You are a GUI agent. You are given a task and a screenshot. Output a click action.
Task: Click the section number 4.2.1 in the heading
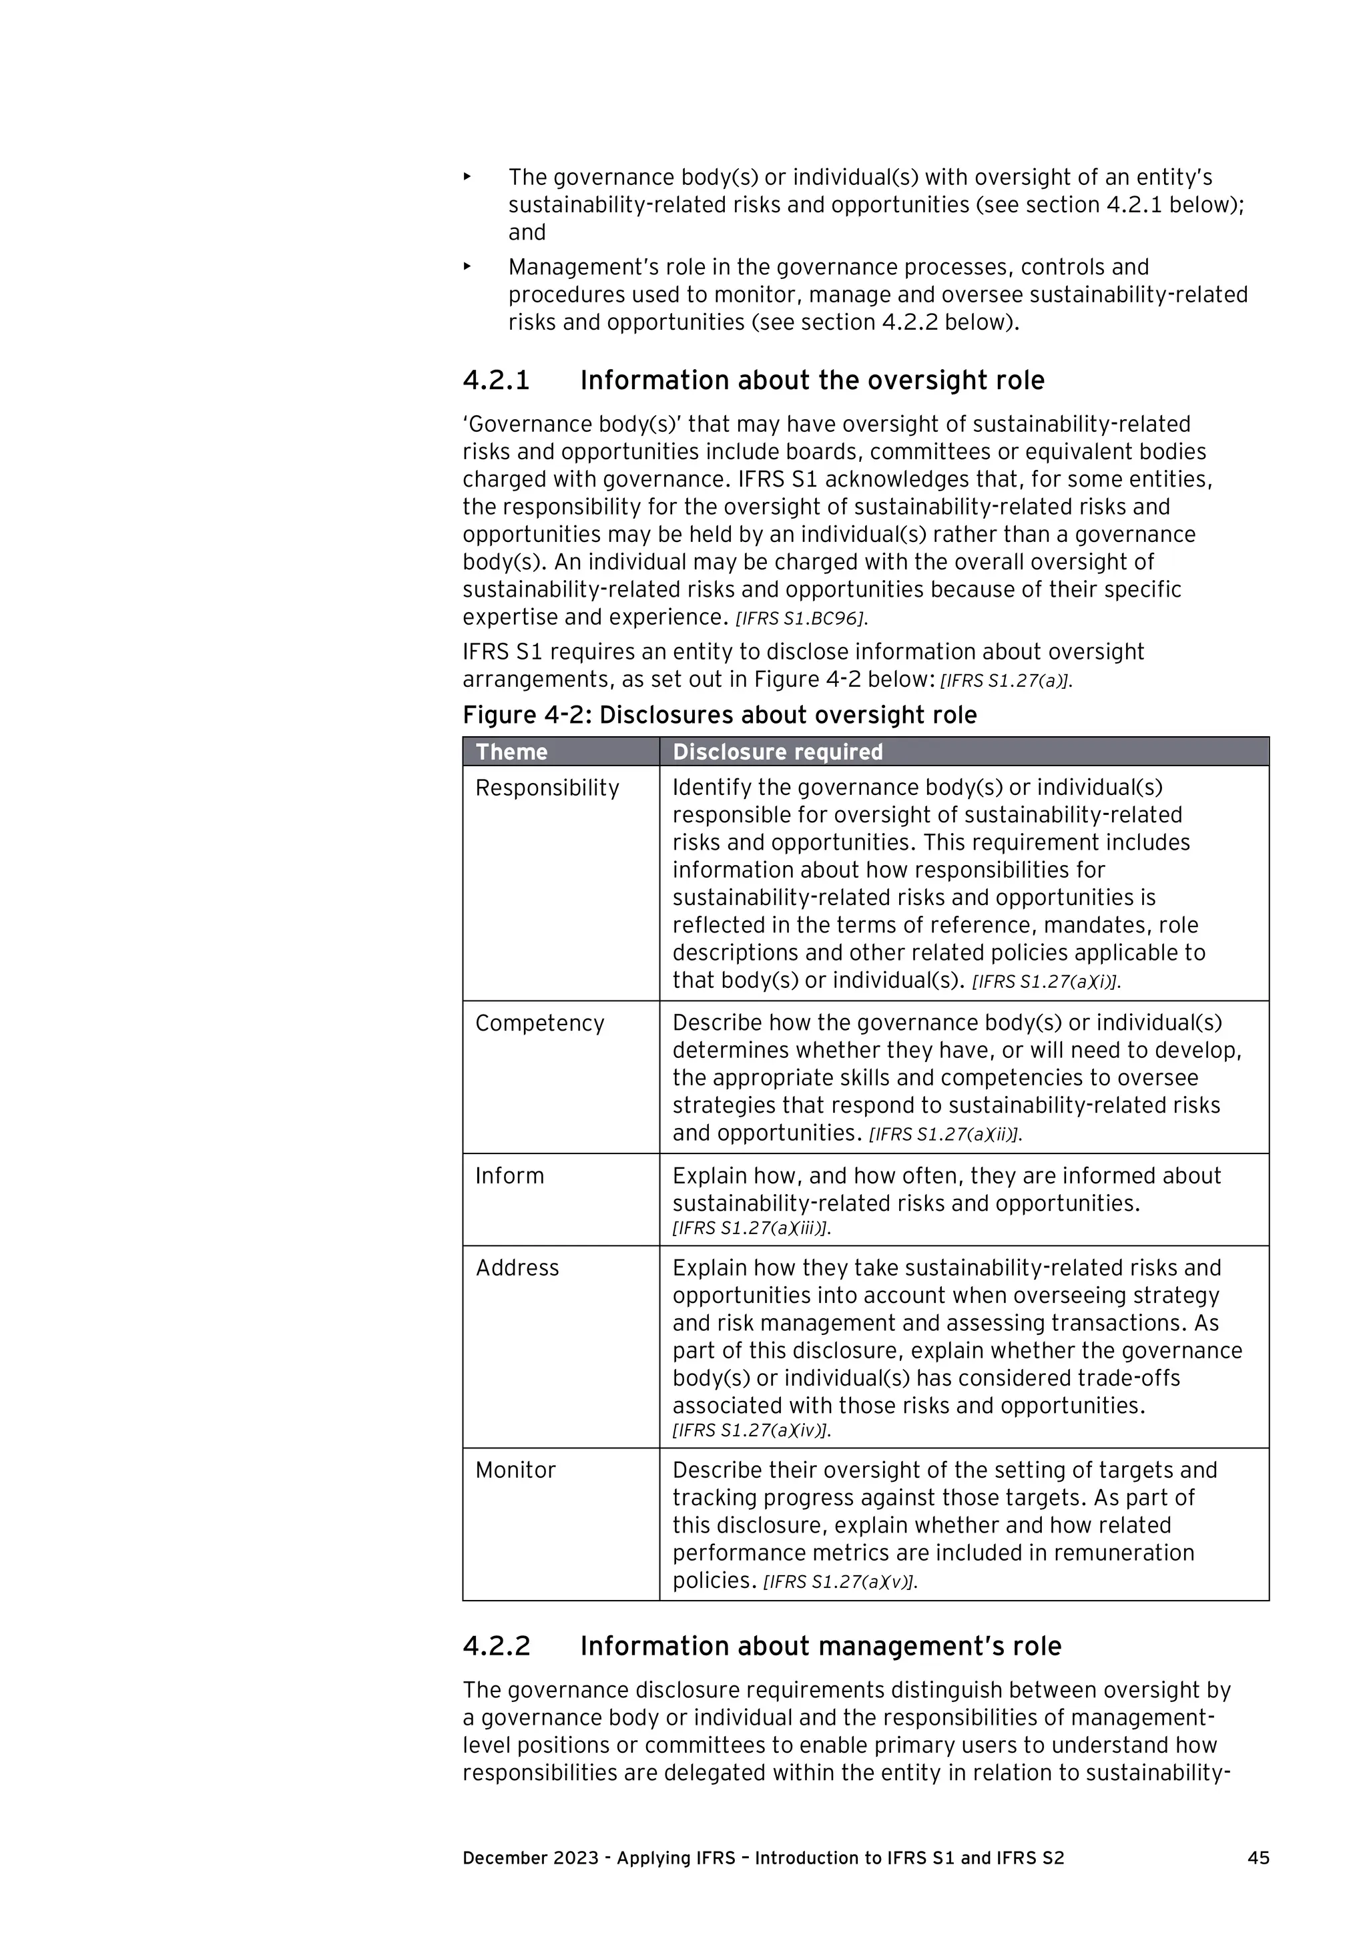(496, 380)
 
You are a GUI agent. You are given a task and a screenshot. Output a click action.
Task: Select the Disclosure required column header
(777, 752)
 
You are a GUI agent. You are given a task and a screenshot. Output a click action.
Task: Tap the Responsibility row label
(547, 788)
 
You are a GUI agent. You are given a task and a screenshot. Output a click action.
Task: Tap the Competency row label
(539, 1023)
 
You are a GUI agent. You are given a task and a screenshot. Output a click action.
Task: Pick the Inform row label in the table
(509, 1175)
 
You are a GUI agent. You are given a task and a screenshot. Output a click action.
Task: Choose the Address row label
(517, 1268)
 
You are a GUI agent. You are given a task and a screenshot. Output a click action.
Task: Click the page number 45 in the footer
(1258, 1858)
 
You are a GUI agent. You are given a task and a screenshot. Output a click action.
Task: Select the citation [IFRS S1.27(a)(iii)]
(751, 1228)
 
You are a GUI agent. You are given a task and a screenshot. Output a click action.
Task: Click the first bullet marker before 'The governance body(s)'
(467, 177)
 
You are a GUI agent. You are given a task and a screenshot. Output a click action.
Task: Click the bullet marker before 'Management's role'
(467, 267)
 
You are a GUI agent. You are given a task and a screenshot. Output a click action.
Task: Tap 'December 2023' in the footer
(530, 1858)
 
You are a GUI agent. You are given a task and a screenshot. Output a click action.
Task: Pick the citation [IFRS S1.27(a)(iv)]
(751, 1430)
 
